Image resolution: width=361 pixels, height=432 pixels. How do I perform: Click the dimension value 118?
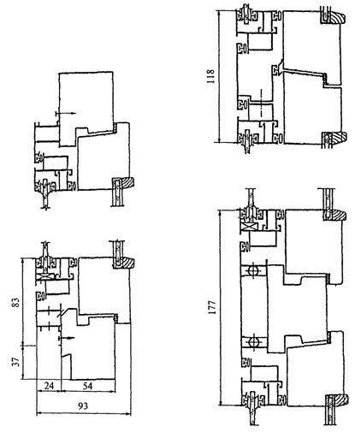(211, 76)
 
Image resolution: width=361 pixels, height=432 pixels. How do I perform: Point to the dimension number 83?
(16, 303)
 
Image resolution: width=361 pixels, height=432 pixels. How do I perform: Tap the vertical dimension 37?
(16, 362)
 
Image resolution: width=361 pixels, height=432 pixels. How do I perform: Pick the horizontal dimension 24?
(49, 386)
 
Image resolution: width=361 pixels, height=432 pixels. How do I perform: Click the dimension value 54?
(87, 386)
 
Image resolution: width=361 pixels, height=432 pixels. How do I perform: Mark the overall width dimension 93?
(83, 405)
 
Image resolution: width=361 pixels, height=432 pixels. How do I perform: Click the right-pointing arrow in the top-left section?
(65, 113)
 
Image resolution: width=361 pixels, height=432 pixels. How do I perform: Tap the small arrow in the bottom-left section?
(66, 338)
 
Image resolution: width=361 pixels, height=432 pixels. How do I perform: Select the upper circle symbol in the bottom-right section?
(253, 269)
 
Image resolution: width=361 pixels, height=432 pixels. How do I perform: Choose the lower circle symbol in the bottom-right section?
(253, 341)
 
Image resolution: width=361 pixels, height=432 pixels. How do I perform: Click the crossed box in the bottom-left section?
(44, 277)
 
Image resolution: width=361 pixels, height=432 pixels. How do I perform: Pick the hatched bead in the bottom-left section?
(127, 263)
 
